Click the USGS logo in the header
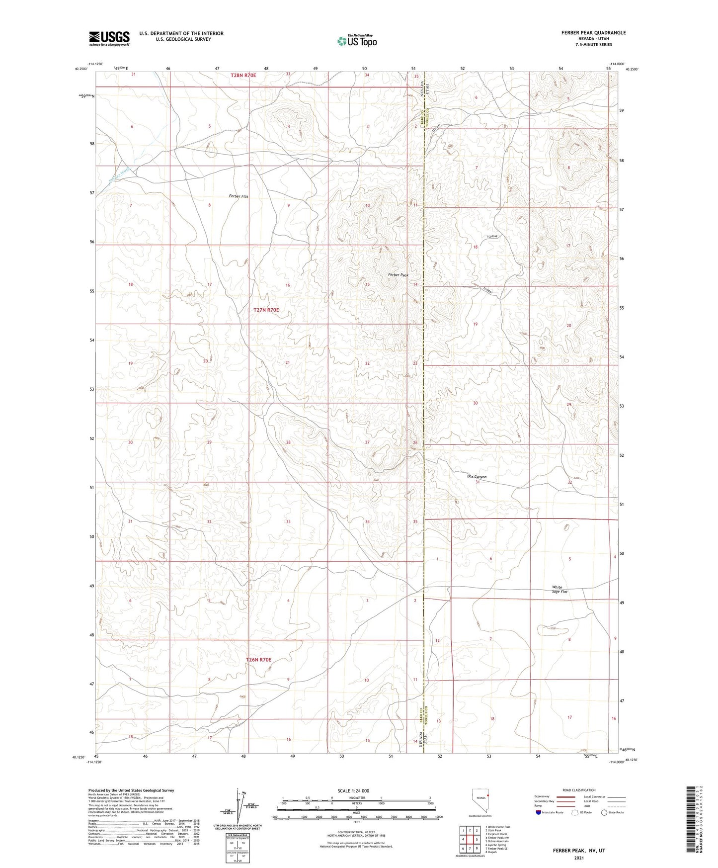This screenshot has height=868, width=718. (x=109, y=38)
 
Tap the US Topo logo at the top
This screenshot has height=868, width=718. (x=357, y=41)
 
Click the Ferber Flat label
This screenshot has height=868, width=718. (x=239, y=196)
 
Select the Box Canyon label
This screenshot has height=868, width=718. (x=477, y=477)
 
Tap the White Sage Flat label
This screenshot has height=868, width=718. (x=560, y=590)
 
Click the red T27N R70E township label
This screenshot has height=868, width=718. (x=266, y=310)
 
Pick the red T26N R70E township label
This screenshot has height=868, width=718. (x=259, y=660)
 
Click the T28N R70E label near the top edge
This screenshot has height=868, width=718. (x=243, y=75)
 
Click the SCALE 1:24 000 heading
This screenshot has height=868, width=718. (x=353, y=791)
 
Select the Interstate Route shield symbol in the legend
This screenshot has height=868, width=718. (x=539, y=812)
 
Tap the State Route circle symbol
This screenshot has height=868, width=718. (x=604, y=812)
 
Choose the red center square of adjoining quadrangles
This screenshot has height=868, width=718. (x=470, y=840)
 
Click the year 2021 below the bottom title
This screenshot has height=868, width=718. (x=579, y=858)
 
